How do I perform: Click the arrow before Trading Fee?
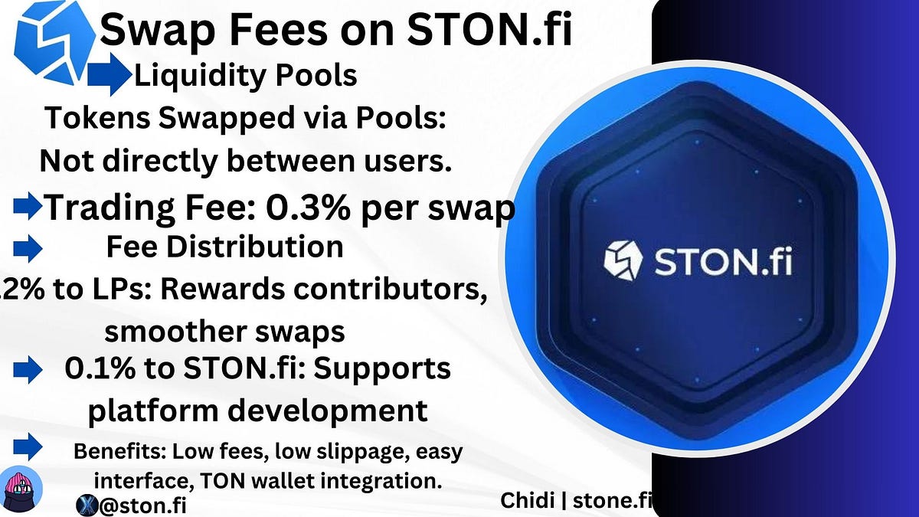(28, 205)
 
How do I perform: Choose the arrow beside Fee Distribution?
(28, 247)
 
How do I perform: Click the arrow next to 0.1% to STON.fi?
(28, 371)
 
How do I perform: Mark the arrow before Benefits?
(28, 444)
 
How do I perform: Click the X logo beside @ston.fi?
(86, 505)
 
